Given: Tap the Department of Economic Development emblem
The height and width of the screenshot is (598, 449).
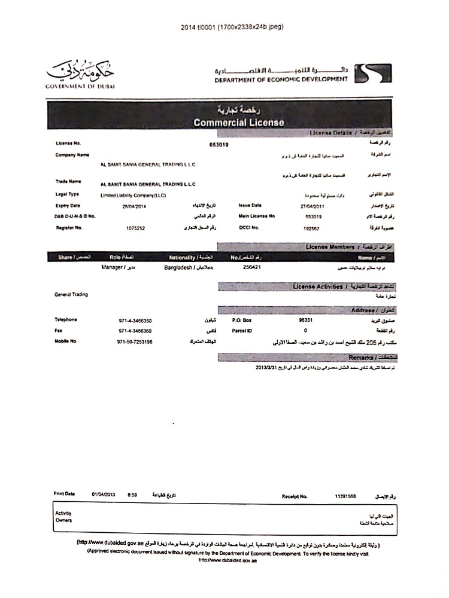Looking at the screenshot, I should [365, 74].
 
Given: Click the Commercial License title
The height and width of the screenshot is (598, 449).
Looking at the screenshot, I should [239, 123].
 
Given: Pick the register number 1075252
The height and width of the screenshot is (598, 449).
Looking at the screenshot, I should [135, 228].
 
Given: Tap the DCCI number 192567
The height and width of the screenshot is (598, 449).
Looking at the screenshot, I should [312, 228].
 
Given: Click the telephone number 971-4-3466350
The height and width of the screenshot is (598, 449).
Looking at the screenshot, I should [135, 320].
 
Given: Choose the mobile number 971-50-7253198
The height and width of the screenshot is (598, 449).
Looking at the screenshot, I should [135, 341].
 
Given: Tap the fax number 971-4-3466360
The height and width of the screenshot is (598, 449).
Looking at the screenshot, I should [135, 331].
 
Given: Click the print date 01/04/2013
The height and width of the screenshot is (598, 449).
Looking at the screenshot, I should [104, 495].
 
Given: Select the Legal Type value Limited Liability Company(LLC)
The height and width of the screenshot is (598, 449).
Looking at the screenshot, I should [133, 195].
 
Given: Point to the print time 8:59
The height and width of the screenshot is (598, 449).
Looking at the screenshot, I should [133, 495].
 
